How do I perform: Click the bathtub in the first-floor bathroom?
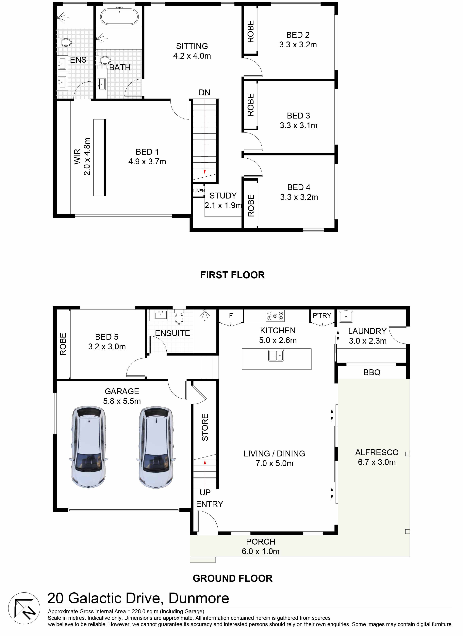(119, 17)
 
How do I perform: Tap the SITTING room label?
(192, 46)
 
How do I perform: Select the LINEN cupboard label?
(199, 191)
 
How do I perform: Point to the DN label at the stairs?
(204, 93)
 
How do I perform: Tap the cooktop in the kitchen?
(275, 316)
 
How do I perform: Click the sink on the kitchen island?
(276, 356)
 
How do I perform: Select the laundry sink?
(346, 317)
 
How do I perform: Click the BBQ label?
(372, 372)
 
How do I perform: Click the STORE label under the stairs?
(205, 427)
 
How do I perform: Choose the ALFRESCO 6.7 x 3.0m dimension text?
(377, 462)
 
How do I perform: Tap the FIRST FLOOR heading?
(232, 275)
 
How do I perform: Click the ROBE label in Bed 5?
(63, 344)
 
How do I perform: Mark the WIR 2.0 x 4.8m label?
(82, 156)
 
